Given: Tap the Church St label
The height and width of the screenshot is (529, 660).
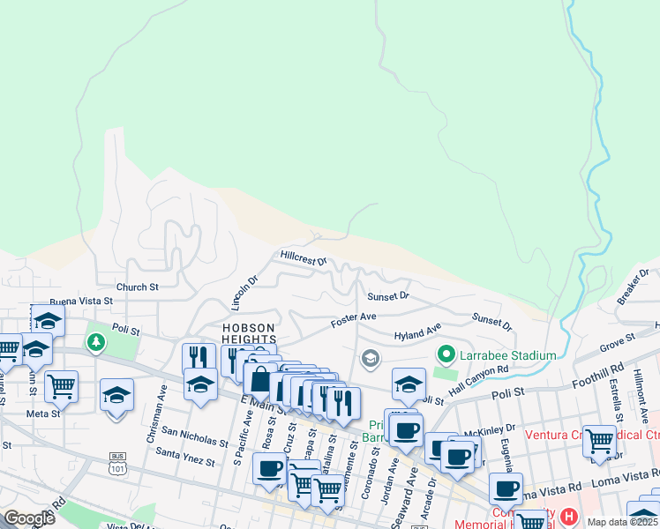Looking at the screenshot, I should coord(137,287).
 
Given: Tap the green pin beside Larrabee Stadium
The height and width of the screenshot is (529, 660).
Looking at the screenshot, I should coord(447,355).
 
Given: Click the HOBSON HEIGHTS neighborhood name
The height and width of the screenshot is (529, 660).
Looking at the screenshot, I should coord(248,333).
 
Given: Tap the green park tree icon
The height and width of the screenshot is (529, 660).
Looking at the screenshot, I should coord(94,341).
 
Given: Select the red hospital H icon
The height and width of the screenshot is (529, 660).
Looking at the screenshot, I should coord(569,516).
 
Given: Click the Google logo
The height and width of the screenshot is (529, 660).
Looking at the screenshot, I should coord(29,519).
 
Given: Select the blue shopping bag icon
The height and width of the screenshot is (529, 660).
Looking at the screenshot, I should coord(260,380).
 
